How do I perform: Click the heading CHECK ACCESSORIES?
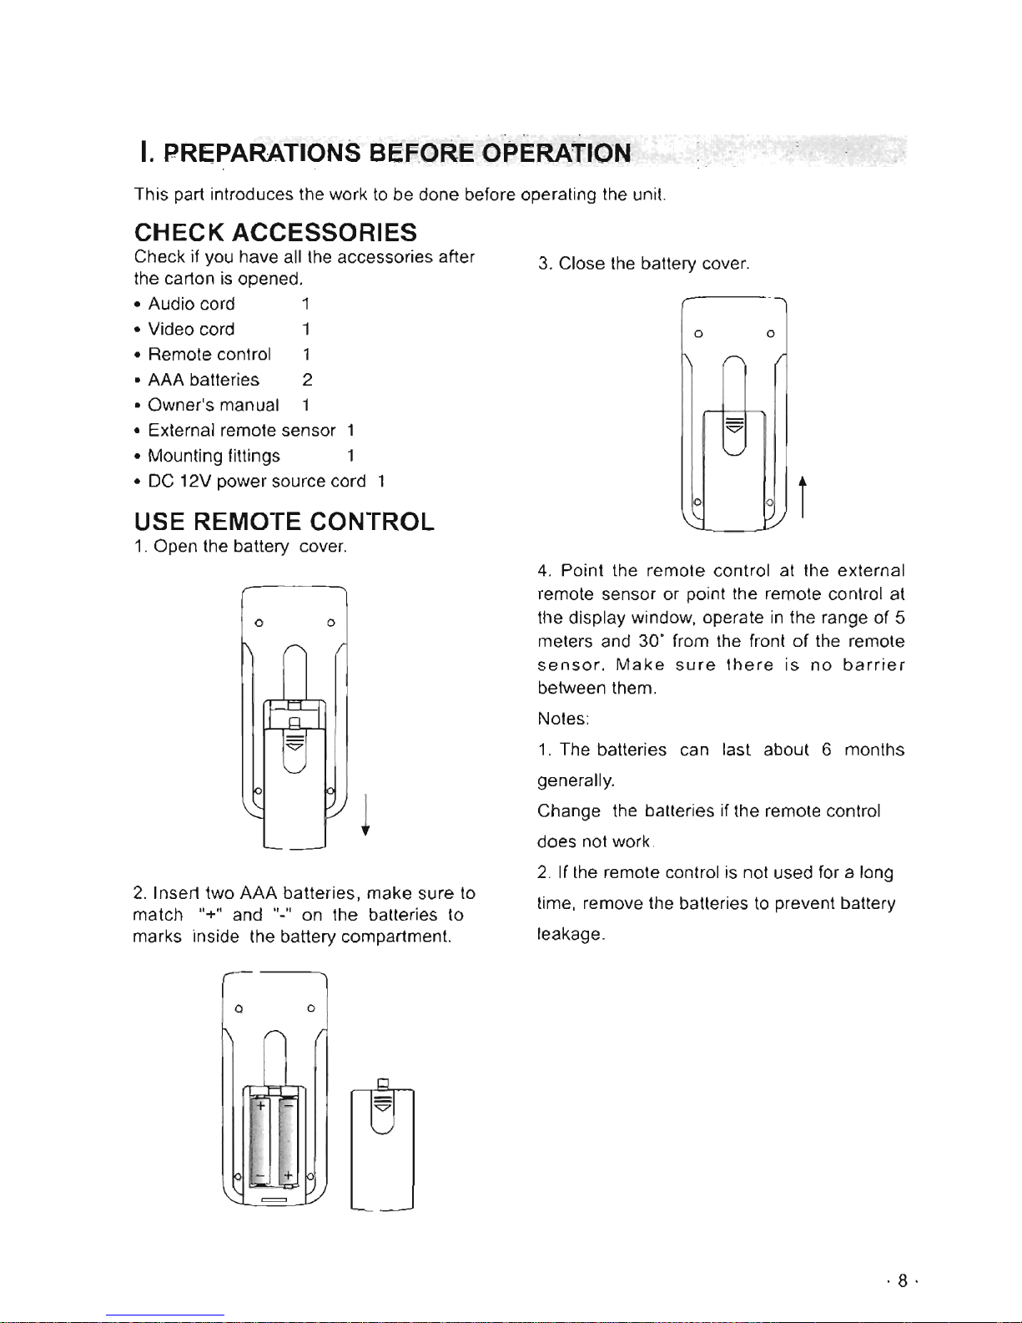point(275,233)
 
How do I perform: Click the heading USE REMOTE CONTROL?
point(284,522)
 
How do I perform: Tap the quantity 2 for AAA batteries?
point(307,380)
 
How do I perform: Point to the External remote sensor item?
point(241,431)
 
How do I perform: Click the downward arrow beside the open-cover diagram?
point(365,815)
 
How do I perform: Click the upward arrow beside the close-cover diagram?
point(803,497)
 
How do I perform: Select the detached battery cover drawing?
point(382,1144)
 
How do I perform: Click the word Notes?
point(563,719)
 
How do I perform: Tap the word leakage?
point(571,935)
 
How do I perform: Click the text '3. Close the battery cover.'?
point(643,264)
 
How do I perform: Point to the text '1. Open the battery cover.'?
point(240,547)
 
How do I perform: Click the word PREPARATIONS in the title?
point(262,153)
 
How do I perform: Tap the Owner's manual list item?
point(214,405)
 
